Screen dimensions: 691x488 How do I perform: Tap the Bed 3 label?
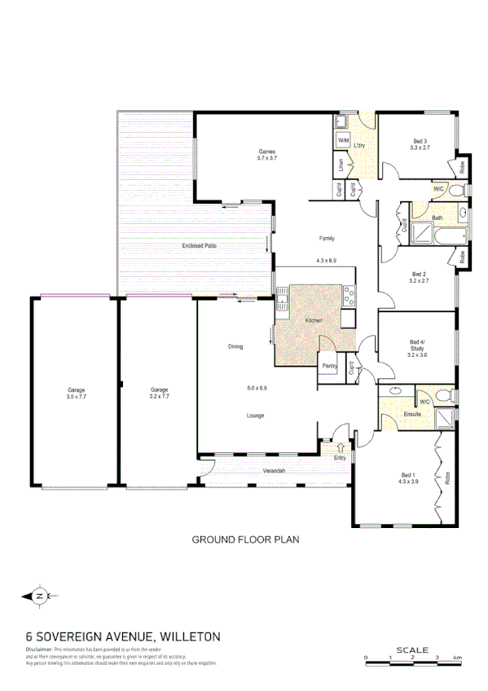click(420, 143)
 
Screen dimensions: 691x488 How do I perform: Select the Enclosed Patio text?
click(199, 245)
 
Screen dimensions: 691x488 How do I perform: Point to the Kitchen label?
click(314, 321)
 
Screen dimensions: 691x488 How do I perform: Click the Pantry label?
click(330, 365)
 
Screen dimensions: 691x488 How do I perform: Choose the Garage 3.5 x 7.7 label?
click(77, 390)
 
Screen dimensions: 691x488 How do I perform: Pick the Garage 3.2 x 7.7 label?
click(159, 390)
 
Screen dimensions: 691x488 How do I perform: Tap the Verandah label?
click(272, 472)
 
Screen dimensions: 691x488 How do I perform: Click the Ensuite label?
click(413, 416)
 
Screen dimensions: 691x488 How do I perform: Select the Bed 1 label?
click(408, 475)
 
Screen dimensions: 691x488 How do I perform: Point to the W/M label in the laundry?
click(343, 141)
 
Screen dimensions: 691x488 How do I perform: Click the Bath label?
click(437, 218)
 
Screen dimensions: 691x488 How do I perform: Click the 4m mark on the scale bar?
click(457, 657)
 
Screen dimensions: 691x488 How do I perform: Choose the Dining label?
click(235, 347)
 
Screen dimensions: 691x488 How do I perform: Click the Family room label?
click(327, 238)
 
